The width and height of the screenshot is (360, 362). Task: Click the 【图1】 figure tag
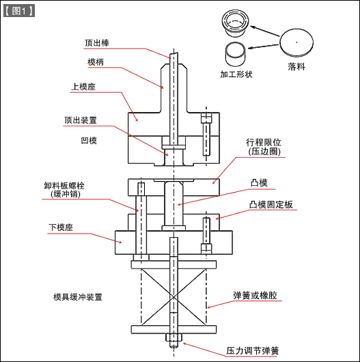[19, 11]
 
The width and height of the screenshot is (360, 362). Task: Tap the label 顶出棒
[96, 42]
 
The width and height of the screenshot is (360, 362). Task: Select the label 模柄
[96, 62]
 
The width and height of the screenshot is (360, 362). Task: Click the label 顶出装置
[80, 120]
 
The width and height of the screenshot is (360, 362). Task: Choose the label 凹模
[89, 140]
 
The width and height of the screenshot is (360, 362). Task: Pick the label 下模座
[61, 227]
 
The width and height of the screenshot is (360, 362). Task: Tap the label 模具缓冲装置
[78, 297]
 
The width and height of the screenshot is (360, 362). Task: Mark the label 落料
[296, 67]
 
